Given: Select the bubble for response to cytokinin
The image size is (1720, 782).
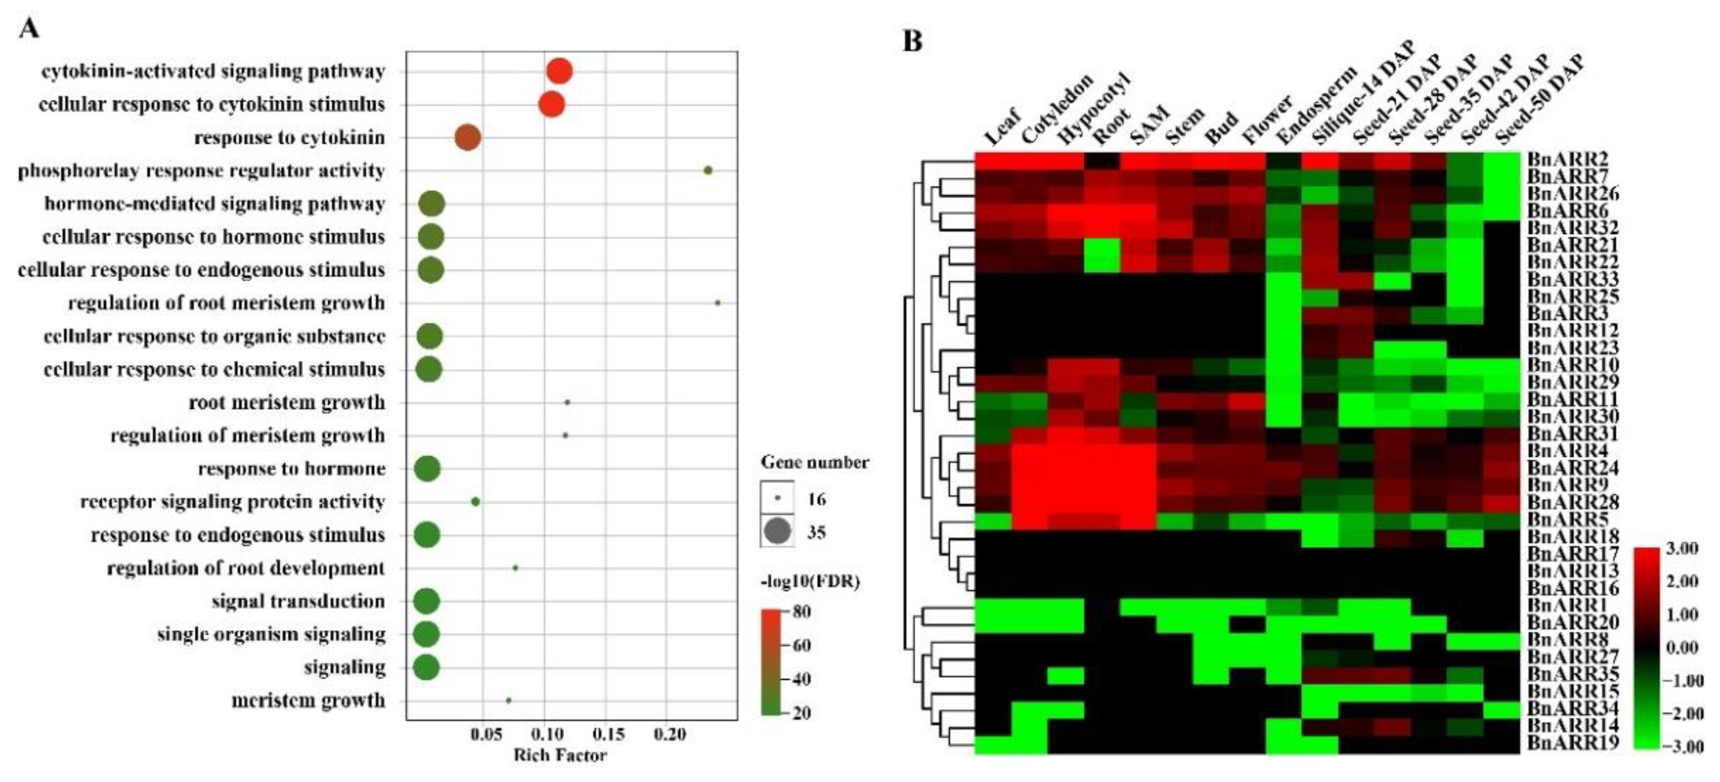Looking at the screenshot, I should (467, 138).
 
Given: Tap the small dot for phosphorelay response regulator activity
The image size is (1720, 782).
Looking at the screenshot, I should (709, 170).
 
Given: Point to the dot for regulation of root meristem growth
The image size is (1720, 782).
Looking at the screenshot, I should (718, 302).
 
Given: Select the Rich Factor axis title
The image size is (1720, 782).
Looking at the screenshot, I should (560, 756).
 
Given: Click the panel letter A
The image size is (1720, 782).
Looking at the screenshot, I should (29, 28).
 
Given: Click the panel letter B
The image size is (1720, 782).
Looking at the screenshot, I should (912, 41).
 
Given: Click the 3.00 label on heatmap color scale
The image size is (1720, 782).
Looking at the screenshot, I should (1682, 549).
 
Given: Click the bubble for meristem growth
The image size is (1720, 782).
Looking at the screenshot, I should (508, 701).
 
